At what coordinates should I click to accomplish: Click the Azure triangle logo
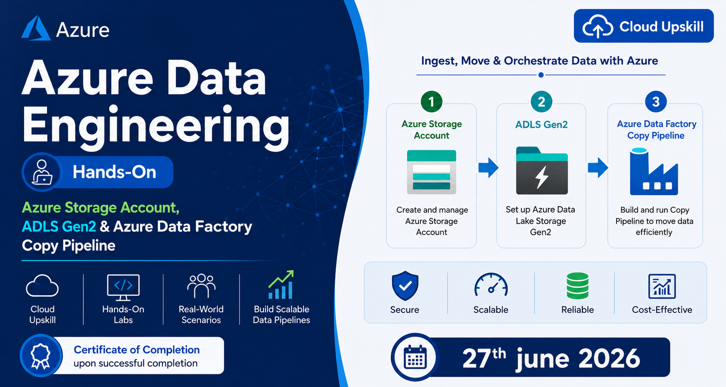[x=36, y=28]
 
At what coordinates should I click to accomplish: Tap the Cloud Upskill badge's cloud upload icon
[x=597, y=26]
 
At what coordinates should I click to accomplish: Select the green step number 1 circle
[x=431, y=102]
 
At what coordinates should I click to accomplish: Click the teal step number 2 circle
[x=541, y=102]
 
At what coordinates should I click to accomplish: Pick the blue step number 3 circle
[x=656, y=102]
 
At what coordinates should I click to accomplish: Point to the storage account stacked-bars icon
[x=431, y=172]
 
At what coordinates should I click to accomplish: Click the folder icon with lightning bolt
[x=542, y=171]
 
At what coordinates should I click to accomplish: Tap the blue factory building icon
[x=654, y=172]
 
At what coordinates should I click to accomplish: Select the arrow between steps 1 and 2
[x=488, y=168]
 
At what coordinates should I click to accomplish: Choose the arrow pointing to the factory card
[x=598, y=168]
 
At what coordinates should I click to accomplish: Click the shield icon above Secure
[x=405, y=286]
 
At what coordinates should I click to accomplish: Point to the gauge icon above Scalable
[x=491, y=285]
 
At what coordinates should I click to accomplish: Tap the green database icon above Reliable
[x=578, y=286]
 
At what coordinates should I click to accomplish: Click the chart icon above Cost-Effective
[x=662, y=286]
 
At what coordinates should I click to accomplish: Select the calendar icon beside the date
[x=415, y=357]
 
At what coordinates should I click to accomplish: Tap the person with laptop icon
[x=42, y=172]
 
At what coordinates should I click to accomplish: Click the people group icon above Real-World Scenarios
[x=201, y=286]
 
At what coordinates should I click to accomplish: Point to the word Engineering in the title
[x=156, y=125]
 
